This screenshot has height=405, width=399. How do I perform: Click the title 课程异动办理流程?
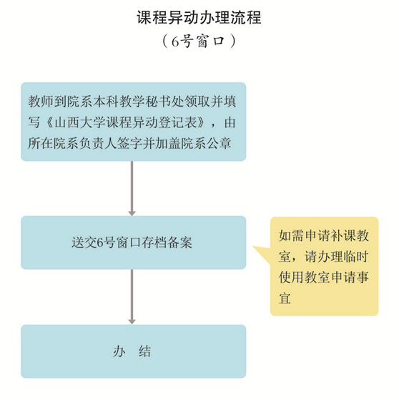(x=199, y=18)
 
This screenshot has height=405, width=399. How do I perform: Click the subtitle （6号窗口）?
(x=199, y=41)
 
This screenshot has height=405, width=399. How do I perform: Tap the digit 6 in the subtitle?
(x=175, y=42)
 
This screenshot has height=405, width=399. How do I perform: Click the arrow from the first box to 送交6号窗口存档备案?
(x=132, y=188)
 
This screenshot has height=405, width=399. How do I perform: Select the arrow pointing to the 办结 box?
(x=132, y=296)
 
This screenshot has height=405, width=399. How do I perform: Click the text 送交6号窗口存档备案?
(x=132, y=243)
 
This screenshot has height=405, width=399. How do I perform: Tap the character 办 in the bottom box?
(x=119, y=351)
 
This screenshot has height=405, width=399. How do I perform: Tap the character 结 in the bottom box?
(x=144, y=351)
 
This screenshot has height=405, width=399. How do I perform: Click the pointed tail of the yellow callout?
(x=253, y=247)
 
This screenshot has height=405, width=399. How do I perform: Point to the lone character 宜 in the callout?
(x=285, y=298)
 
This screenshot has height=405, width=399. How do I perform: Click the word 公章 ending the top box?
(x=218, y=143)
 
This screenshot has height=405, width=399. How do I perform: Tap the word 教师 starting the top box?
(x=41, y=102)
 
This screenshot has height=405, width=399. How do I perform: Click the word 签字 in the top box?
(x=129, y=143)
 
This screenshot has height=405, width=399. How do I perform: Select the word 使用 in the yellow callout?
(x=291, y=278)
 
